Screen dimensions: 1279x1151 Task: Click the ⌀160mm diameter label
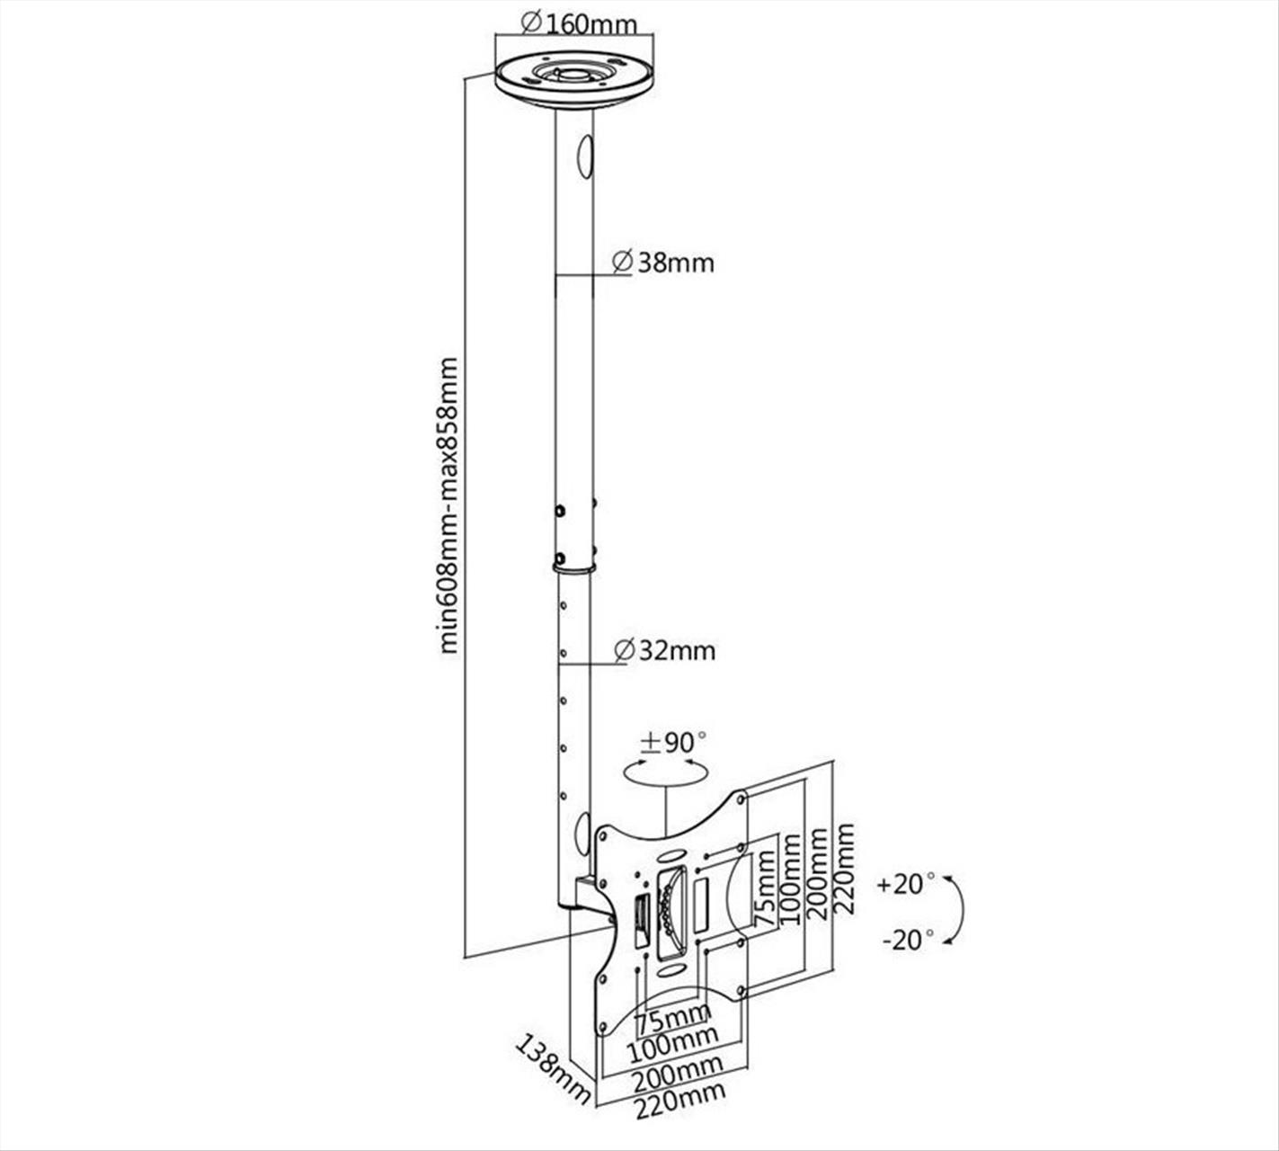(579, 23)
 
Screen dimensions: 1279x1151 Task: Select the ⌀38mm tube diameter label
(663, 263)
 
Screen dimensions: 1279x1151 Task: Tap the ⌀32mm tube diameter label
(665, 651)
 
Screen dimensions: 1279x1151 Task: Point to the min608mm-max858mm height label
(449, 505)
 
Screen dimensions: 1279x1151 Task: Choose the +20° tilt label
(905, 884)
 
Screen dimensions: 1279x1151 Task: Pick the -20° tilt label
(908, 940)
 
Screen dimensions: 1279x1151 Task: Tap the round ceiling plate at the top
(574, 81)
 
